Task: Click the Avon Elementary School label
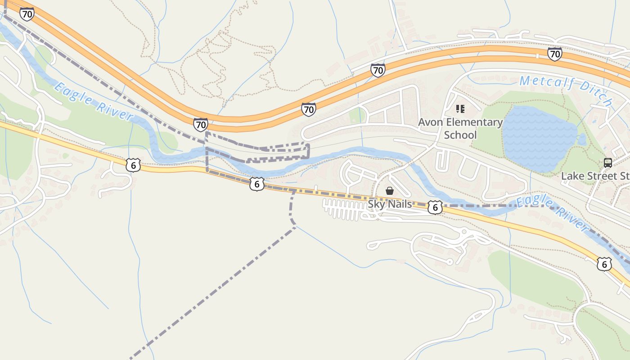460,128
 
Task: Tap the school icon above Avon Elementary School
460,108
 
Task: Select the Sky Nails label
390,204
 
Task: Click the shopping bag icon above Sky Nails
390,191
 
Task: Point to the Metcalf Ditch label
565,90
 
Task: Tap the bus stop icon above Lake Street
607,163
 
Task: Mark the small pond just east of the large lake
582,140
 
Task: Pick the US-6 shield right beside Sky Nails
435,207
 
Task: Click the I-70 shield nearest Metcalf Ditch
554,54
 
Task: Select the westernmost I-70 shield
27,14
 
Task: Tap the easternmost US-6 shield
604,264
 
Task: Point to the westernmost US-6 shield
133,165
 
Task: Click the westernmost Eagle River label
94,101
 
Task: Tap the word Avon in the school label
429,122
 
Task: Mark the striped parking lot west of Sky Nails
344,209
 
